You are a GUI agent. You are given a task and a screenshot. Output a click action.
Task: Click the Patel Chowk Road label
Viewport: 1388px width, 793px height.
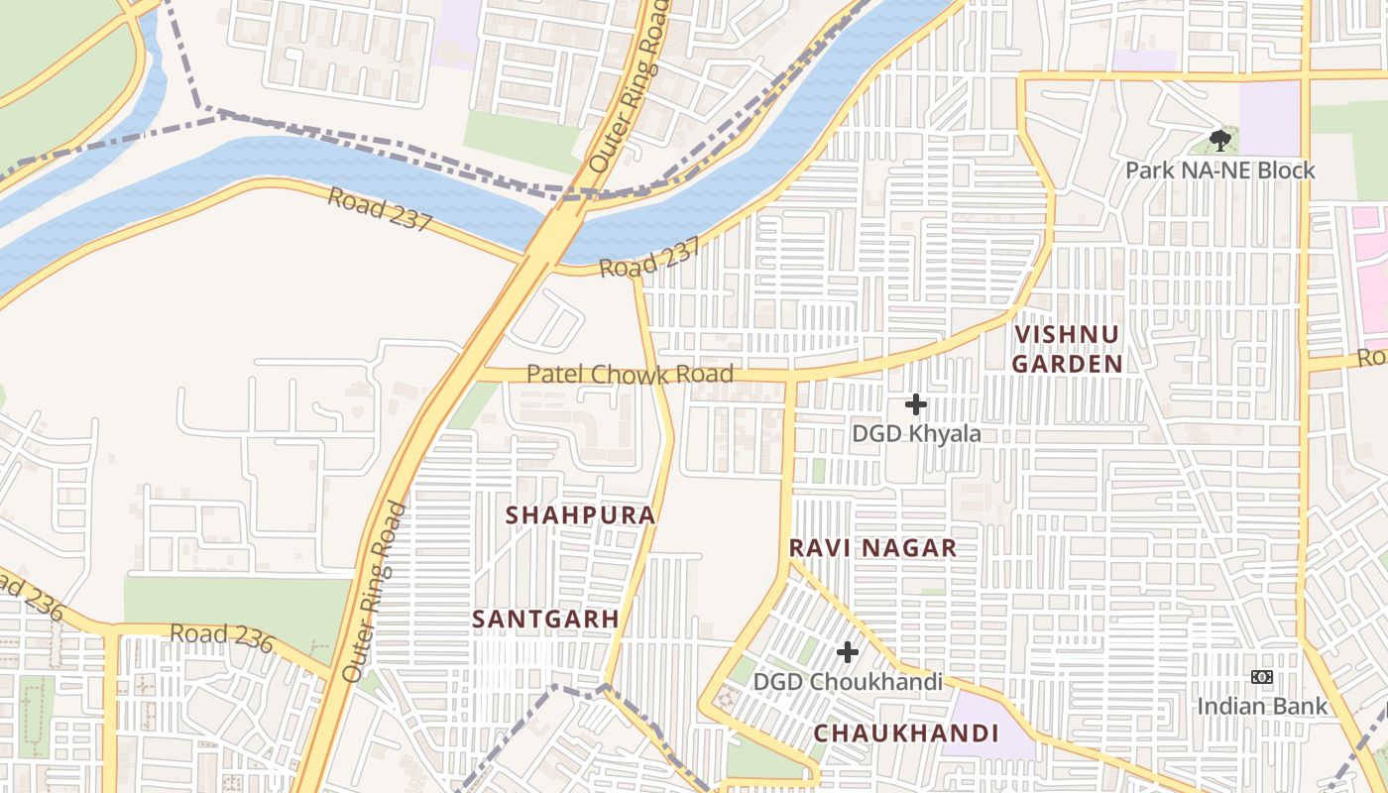(x=630, y=374)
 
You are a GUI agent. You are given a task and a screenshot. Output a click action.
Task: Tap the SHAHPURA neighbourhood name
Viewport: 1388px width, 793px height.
(x=581, y=515)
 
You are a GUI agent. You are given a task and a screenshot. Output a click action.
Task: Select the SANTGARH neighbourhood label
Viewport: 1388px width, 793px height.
(x=545, y=619)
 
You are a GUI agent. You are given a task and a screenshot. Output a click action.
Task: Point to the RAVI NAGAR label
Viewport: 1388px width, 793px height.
(x=872, y=548)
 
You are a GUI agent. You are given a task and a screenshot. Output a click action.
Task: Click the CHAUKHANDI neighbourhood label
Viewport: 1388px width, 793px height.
(x=906, y=734)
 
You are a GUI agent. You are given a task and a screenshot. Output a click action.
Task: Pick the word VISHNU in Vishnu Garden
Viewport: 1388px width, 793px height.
(x=1067, y=335)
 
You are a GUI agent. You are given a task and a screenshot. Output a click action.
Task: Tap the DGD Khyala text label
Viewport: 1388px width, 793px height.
(x=916, y=434)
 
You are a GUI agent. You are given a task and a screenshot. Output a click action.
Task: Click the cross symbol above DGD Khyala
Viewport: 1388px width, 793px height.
(x=916, y=404)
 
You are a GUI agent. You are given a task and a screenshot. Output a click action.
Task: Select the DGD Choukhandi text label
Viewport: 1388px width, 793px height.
(x=848, y=682)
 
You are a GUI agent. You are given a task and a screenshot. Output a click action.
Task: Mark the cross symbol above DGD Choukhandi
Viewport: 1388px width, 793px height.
(x=848, y=652)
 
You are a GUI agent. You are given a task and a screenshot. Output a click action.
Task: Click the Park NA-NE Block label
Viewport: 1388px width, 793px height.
(x=1219, y=170)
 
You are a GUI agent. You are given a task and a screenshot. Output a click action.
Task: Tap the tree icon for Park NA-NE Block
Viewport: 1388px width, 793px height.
(x=1219, y=141)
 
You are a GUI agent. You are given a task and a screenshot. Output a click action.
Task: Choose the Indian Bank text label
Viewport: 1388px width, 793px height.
(x=1261, y=706)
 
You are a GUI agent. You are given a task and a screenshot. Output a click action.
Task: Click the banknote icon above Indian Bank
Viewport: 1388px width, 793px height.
(x=1261, y=677)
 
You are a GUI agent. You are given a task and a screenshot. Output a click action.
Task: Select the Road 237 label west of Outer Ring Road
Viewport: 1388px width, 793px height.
(x=380, y=208)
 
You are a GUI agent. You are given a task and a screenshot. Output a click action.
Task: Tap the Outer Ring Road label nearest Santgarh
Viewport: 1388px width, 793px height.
(x=374, y=592)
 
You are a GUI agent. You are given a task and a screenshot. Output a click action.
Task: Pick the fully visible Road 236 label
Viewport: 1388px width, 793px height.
(x=221, y=636)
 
